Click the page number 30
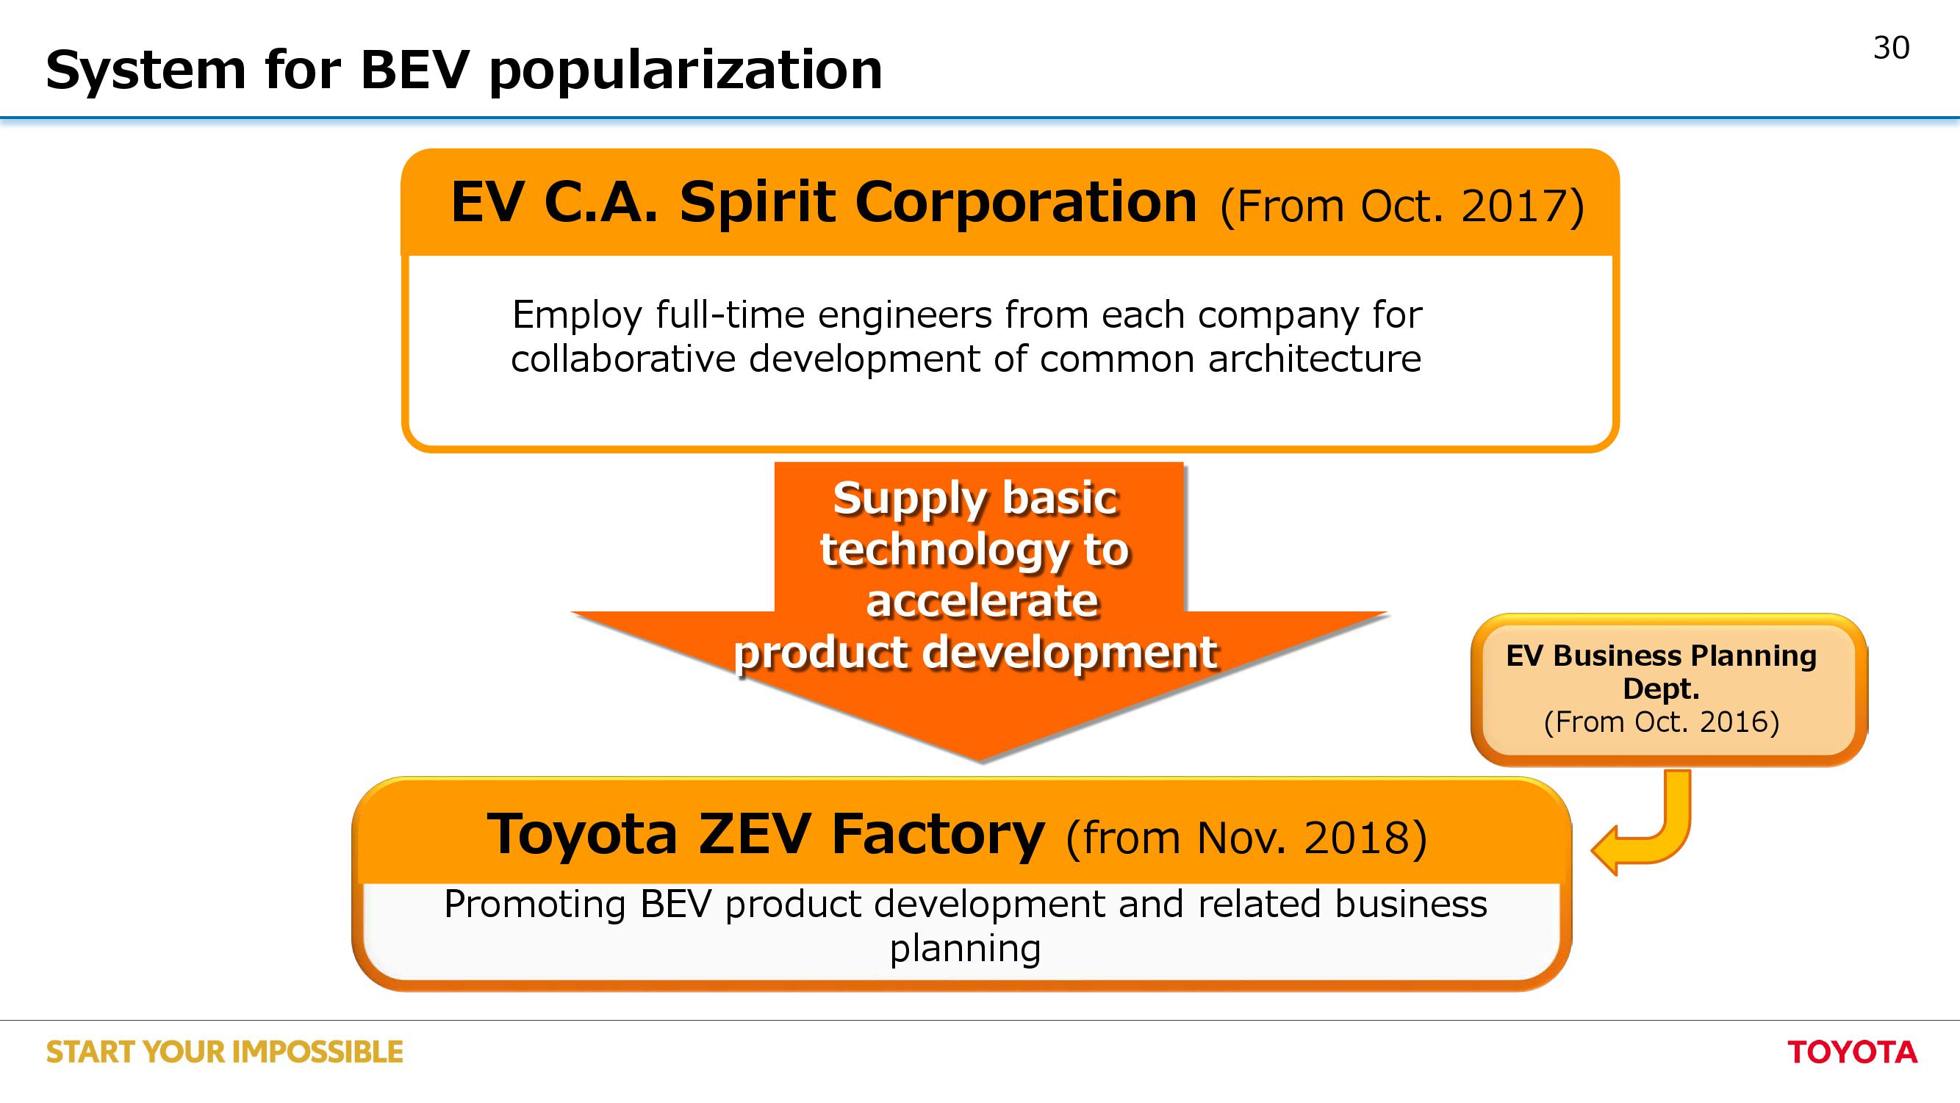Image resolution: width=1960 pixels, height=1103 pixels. (x=1891, y=48)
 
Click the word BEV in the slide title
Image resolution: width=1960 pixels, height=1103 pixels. (x=414, y=70)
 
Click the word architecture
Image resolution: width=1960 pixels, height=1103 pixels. (x=1314, y=359)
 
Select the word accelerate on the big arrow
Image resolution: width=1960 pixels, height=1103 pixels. (x=982, y=602)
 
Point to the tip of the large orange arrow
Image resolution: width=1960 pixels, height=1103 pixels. (x=981, y=761)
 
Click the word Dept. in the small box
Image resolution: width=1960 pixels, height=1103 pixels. (x=1661, y=689)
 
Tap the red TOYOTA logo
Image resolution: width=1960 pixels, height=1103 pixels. (x=1852, y=1052)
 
